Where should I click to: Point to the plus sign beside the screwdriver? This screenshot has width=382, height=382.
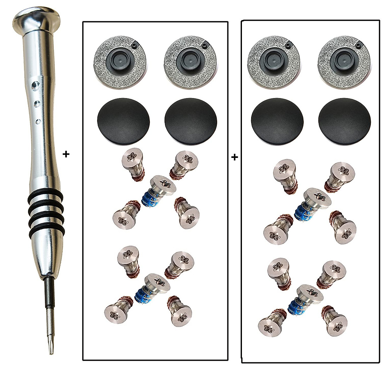pos(66,154)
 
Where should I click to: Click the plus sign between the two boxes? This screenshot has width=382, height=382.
pos(235,157)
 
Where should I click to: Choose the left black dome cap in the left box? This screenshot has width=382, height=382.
pos(123,118)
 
